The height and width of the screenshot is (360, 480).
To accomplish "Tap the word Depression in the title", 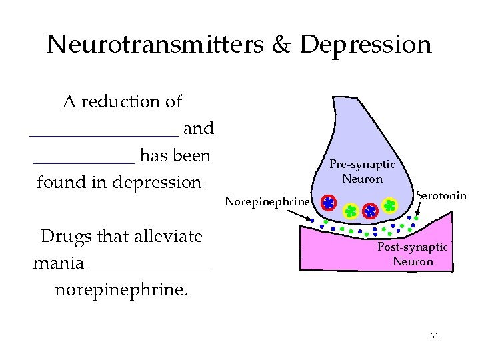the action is click(x=366, y=45).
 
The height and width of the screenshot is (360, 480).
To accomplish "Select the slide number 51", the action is click(x=434, y=336).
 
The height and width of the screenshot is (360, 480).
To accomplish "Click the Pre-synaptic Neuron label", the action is click(x=362, y=171).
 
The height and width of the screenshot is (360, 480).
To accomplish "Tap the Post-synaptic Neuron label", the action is click(x=413, y=254).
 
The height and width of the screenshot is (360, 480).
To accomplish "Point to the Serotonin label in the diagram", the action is click(x=441, y=195).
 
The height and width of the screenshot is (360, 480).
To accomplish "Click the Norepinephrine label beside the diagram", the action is click(x=267, y=201).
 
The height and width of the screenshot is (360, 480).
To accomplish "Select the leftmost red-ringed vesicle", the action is click(x=329, y=203).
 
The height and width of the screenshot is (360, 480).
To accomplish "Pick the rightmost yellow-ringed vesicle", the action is click(x=390, y=205).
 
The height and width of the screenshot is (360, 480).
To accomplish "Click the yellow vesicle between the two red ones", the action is click(x=351, y=211).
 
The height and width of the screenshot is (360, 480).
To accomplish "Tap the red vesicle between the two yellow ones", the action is click(x=370, y=210).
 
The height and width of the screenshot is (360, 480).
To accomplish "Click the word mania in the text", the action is click(x=58, y=263).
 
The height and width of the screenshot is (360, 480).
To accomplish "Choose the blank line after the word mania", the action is click(x=149, y=269).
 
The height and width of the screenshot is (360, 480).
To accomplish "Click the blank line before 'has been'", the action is click(x=84, y=161).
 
